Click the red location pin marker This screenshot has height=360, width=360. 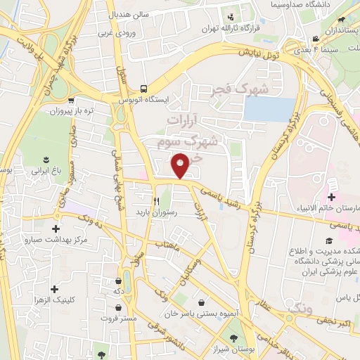(181, 165)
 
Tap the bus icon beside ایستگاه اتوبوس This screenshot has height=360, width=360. (143, 89)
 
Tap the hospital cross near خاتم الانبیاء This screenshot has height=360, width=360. (331, 198)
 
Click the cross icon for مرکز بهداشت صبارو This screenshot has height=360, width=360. (56, 229)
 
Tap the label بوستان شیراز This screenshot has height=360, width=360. (221, 348)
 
